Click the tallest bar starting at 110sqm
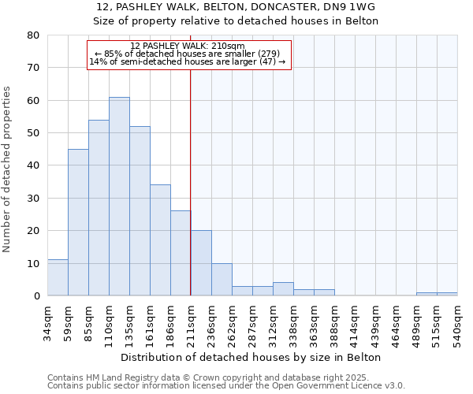[119, 196]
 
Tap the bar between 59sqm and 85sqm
[78, 222]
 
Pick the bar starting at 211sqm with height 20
[201, 263]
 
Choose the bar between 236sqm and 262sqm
[222, 279]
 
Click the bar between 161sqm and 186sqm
[160, 240]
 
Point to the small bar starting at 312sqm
[283, 289]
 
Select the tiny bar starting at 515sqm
[447, 294]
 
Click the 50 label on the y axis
[32, 133]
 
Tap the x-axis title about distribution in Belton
[252, 357]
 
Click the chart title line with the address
[236, 7]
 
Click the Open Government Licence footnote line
[226, 385]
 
